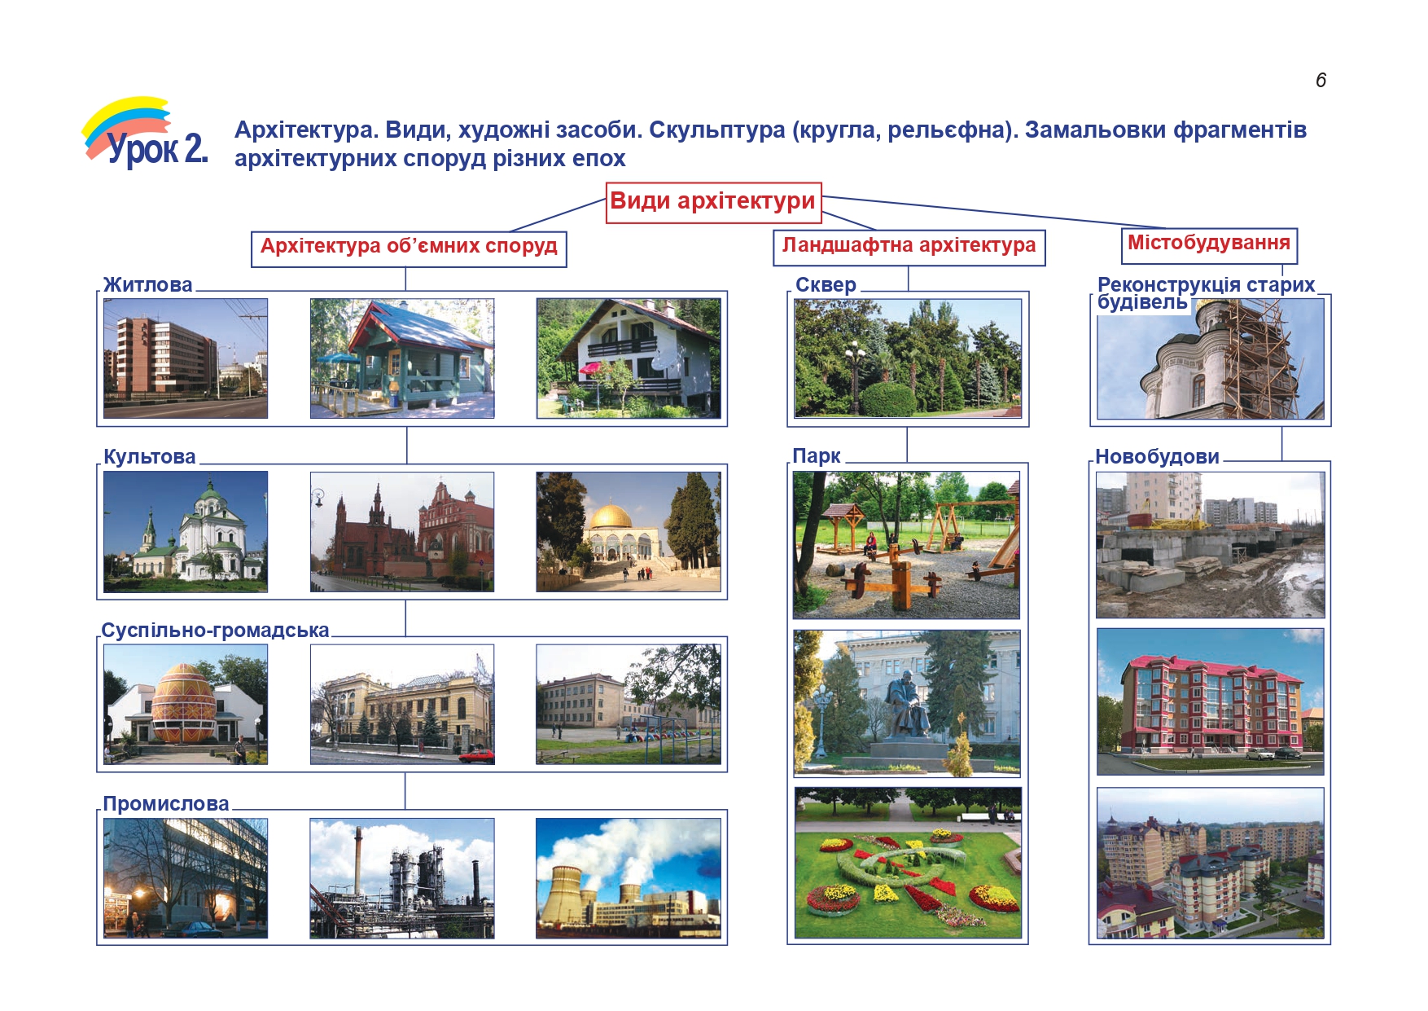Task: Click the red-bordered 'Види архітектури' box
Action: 714,202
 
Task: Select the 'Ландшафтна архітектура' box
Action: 909,247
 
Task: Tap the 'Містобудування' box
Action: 1209,245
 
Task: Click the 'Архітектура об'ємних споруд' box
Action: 409,248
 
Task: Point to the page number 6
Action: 1321,80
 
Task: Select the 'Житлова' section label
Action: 147,285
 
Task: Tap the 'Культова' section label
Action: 150,457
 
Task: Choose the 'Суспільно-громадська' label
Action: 215,631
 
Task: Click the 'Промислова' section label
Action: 166,804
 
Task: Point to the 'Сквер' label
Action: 826,285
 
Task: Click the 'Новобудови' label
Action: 1157,457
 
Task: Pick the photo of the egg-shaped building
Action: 186,705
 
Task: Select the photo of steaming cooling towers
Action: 629,878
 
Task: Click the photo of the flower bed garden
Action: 908,863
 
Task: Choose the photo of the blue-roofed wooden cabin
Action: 402,358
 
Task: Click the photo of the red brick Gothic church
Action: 402,532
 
